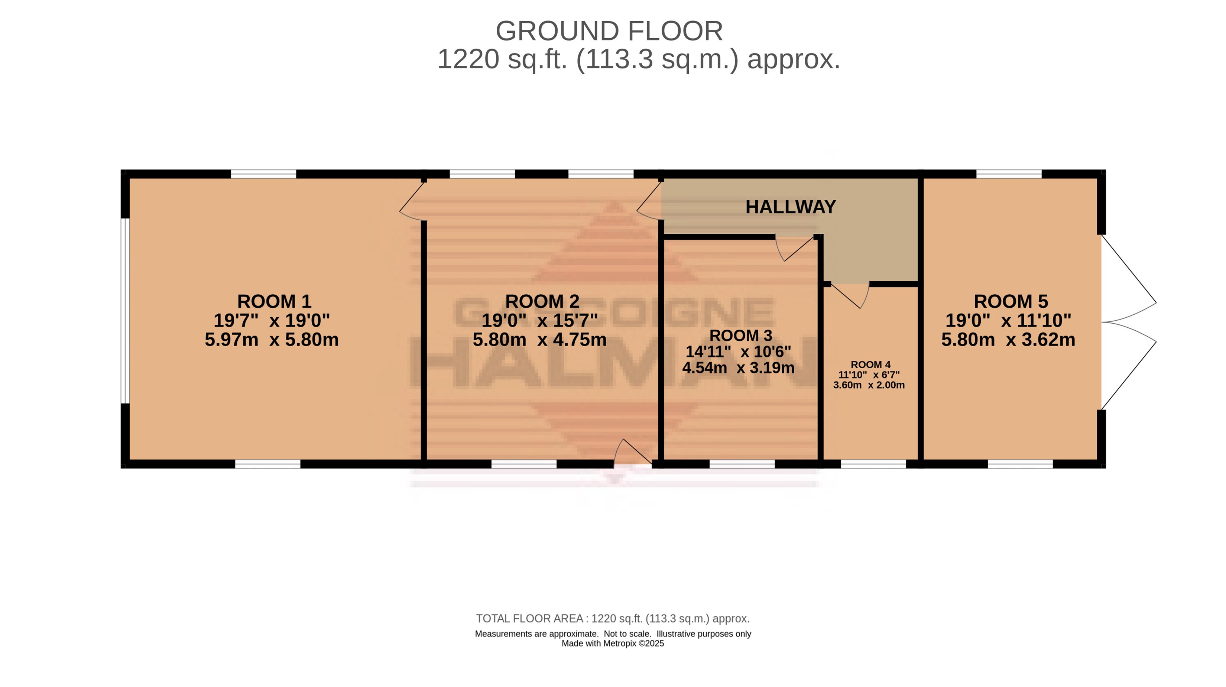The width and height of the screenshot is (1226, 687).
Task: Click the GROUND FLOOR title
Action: (x=609, y=32)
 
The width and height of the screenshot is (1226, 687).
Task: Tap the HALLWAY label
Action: (x=791, y=207)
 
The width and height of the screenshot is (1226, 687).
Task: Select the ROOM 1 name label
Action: (x=274, y=301)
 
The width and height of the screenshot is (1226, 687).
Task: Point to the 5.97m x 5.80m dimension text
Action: (x=272, y=340)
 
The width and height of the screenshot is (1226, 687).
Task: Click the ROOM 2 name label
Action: (x=542, y=301)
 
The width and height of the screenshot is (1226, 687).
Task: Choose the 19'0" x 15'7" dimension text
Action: (x=540, y=320)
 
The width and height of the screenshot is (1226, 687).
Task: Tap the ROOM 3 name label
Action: (x=740, y=336)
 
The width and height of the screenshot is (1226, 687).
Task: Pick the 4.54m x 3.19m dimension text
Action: (x=738, y=368)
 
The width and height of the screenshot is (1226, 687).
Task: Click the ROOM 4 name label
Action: (x=870, y=365)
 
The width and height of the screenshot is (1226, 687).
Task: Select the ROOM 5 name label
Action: (x=1011, y=301)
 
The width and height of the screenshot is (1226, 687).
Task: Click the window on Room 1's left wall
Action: (x=125, y=311)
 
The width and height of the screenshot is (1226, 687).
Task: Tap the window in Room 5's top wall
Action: (x=1009, y=174)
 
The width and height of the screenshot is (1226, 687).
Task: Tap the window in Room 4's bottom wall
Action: (x=873, y=464)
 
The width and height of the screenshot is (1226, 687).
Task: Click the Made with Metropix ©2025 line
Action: (x=613, y=644)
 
